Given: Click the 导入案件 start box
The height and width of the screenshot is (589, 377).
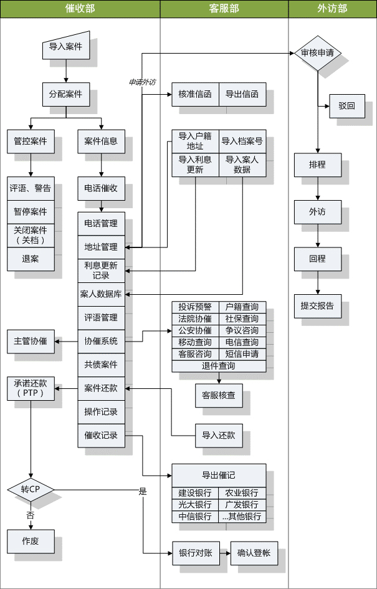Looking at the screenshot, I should click(65, 47).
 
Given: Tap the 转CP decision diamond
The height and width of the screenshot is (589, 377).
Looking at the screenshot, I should click(31, 488).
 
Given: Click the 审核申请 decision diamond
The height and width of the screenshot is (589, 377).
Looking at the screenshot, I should click(317, 53).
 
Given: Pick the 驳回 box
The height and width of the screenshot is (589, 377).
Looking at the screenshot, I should click(346, 106).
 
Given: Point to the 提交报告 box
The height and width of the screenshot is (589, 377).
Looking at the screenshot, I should click(317, 305).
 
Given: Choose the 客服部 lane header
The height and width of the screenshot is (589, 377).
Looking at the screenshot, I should click(224, 9).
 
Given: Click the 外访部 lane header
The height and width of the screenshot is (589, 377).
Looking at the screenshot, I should click(332, 9).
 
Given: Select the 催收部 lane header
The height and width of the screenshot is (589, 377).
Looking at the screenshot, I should click(80, 9).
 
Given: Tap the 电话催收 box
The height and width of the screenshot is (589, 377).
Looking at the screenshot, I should click(101, 188).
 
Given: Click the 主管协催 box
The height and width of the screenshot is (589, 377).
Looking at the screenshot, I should click(31, 341).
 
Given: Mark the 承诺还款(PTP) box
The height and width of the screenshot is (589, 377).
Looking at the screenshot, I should click(31, 389).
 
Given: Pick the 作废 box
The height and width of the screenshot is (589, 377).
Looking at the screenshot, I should click(31, 540).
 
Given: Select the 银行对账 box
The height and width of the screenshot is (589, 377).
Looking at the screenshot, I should click(195, 553).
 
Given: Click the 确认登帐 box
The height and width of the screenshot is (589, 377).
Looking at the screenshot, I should click(254, 553).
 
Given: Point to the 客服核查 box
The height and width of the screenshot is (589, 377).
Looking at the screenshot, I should click(219, 395).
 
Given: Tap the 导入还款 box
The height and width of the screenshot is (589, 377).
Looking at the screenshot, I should click(219, 435).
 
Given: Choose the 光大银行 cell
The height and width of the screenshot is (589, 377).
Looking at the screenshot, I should click(195, 505).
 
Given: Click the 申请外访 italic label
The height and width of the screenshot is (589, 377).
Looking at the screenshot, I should click(141, 82).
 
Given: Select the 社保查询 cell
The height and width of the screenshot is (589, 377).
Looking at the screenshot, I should click(242, 318).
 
